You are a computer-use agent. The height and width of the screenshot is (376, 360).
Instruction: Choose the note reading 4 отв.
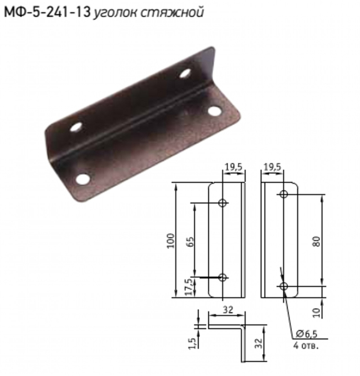pyautogui.click(x=306, y=345)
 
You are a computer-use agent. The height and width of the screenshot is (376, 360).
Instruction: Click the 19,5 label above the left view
pyautogui.click(x=233, y=167)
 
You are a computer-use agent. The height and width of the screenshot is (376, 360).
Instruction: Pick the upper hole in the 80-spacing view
pyautogui.click(x=284, y=195)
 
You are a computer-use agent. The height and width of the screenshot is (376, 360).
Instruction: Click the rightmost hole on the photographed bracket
pyautogui.click(x=214, y=111)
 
